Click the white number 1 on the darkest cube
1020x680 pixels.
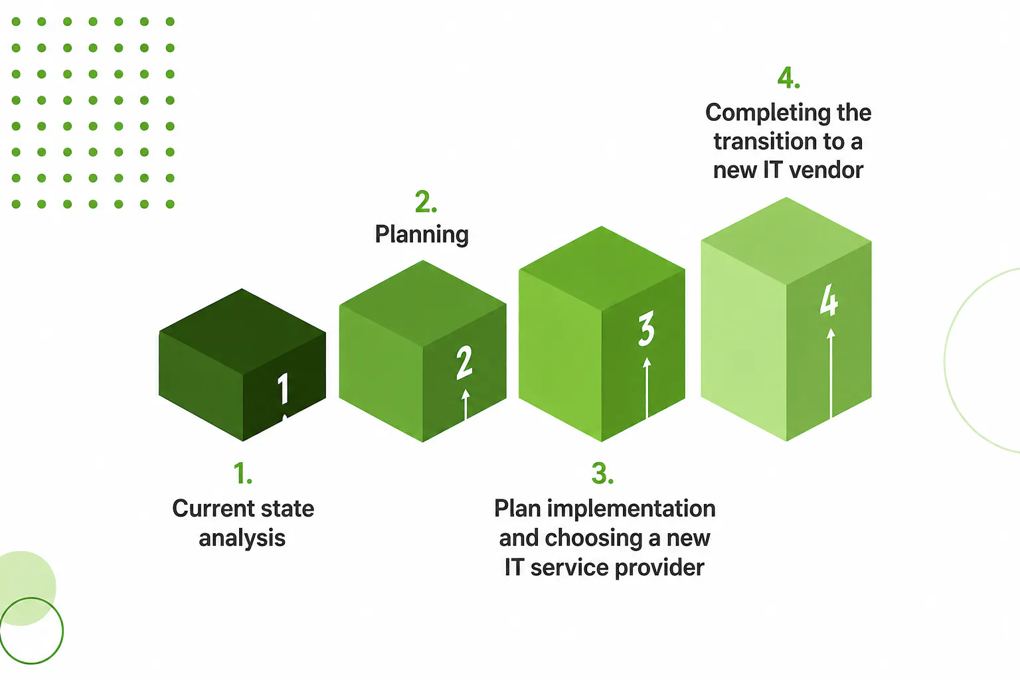(x=284, y=388)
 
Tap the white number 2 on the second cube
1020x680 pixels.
(x=464, y=363)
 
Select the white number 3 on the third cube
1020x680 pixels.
(x=646, y=328)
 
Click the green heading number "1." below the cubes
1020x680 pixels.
(x=242, y=473)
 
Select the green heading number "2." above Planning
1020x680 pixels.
(x=426, y=202)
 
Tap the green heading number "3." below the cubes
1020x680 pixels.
(x=602, y=473)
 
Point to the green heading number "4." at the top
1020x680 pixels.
(x=788, y=78)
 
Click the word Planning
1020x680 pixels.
(x=422, y=234)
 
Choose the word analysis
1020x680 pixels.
(x=242, y=538)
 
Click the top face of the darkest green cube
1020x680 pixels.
(x=242, y=331)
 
